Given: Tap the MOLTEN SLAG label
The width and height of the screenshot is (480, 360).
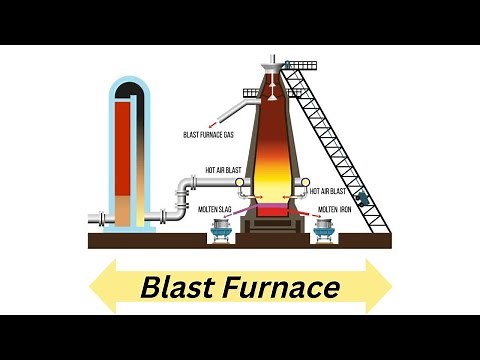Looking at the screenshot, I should click(217, 210).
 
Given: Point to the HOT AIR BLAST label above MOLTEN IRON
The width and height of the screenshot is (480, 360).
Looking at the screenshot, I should click(328, 190).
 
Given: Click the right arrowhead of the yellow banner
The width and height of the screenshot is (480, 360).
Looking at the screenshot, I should click(378, 287).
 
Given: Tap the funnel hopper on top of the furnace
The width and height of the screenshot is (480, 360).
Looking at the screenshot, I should click(272, 73).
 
